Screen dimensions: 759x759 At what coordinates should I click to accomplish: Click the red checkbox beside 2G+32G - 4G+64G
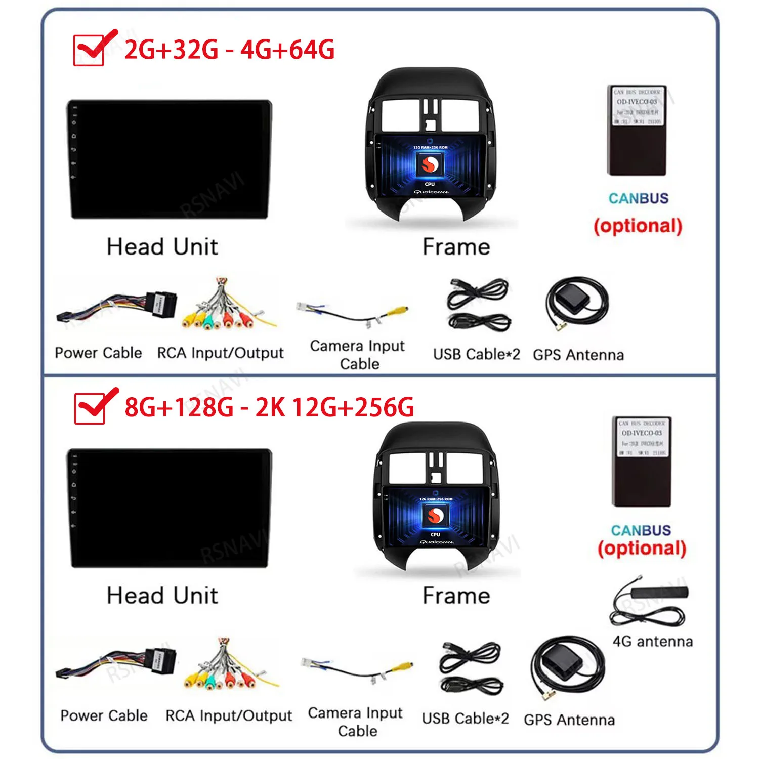[89, 50]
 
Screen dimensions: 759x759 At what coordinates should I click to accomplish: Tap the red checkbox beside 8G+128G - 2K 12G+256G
[90, 408]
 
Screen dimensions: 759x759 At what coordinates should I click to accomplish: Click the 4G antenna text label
[652, 642]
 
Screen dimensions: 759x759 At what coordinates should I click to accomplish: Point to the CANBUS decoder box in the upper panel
[637, 131]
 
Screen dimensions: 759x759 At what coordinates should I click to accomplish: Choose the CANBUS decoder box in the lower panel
[642, 461]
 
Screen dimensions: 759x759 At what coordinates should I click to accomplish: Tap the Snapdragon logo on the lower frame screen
[435, 516]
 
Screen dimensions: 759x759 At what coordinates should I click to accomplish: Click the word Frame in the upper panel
[456, 247]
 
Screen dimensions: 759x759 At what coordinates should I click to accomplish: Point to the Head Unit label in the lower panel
[162, 596]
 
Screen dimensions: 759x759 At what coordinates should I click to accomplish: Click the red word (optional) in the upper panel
[638, 226]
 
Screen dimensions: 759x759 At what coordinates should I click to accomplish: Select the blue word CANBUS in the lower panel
[641, 530]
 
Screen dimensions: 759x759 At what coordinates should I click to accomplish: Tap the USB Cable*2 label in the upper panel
[476, 354]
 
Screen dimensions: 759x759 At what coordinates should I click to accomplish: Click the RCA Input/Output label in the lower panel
[229, 716]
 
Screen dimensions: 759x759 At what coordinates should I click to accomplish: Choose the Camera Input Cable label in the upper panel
[358, 355]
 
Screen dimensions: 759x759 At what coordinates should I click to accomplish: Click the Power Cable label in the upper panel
[98, 353]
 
